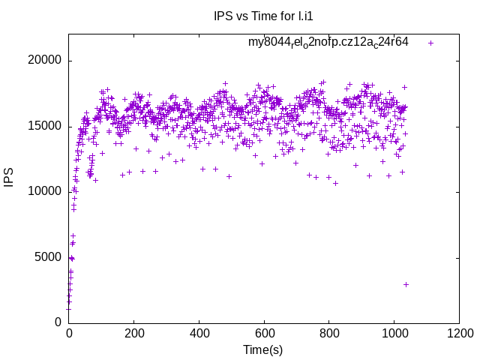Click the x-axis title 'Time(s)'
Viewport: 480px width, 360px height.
(262, 349)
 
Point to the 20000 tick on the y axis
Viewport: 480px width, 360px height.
(46, 61)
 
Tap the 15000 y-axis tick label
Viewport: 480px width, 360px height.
(46, 127)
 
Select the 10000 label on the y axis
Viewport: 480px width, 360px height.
(46, 192)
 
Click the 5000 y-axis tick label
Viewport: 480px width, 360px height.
(49, 257)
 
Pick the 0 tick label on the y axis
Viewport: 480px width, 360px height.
(58, 322)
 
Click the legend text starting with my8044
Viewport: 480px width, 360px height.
(328, 42)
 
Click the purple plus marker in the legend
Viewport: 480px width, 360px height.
(430, 43)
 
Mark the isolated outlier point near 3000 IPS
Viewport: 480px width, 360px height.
(406, 284)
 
